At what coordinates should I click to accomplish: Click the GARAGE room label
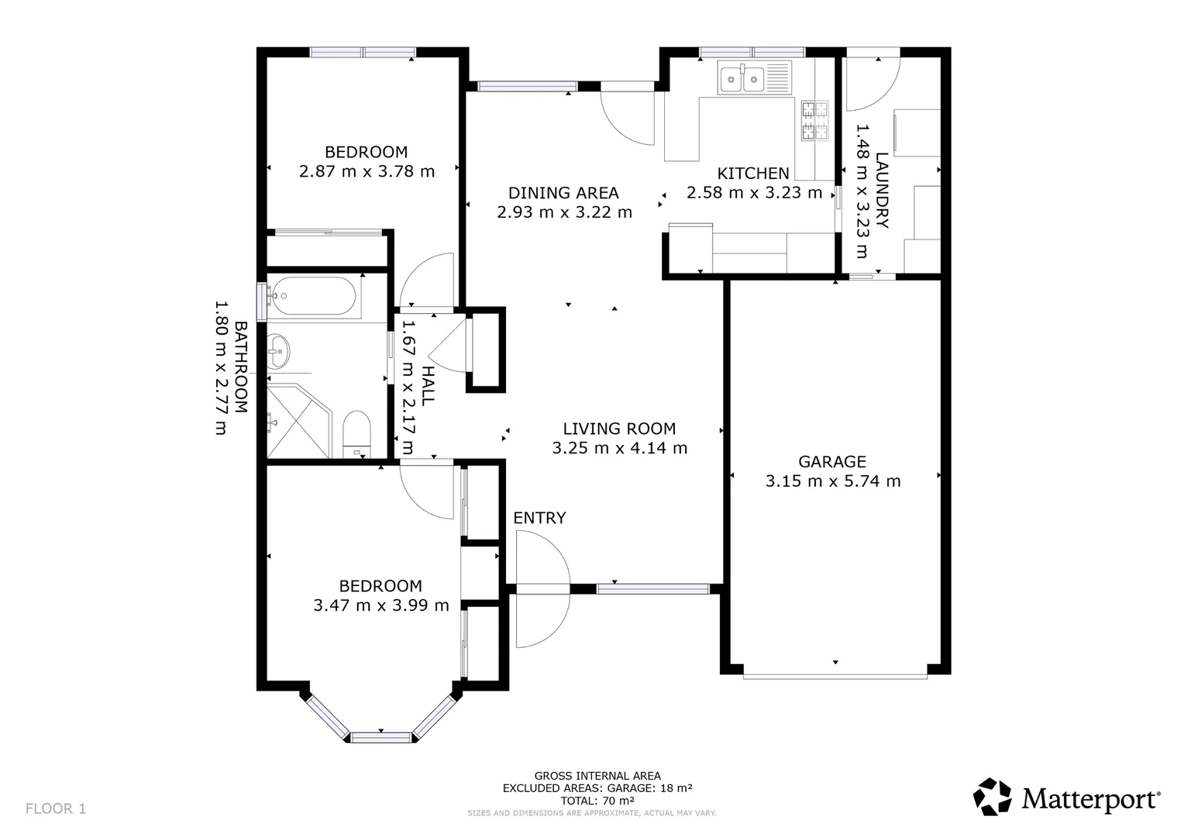(832, 462)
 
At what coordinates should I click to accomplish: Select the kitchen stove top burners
(814, 121)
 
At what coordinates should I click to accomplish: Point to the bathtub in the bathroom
(314, 296)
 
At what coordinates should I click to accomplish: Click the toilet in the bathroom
(356, 433)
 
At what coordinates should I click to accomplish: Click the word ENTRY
(539, 518)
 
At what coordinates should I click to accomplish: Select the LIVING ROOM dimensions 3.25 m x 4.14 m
(619, 448)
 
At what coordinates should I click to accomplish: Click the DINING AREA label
(563, 193)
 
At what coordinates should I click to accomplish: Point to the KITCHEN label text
(753, 173)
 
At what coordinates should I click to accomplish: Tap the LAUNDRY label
(882, 191)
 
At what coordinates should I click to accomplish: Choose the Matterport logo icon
(992, 796)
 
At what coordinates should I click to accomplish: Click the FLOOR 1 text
(56, 808)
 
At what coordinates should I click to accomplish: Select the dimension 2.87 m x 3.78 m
(367, 171)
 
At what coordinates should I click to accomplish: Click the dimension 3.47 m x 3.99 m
(381, 604)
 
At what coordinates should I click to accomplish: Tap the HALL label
(427, 386)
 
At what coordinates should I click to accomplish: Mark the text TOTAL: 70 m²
(597, 801)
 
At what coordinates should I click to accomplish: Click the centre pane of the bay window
(380, 738)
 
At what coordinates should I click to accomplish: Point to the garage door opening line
(835, 677)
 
